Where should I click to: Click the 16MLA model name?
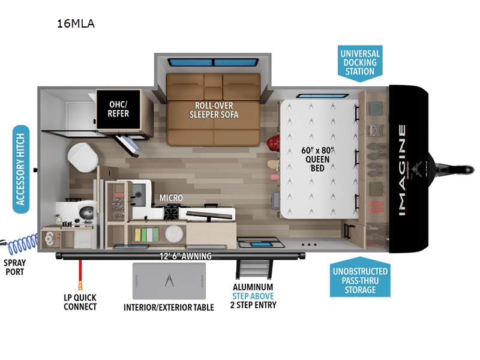click(x=76, y=25)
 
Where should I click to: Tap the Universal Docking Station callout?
click(x=359, y=62)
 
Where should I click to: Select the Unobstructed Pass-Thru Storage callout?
click(x=359, y=280)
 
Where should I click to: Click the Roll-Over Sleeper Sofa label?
click(x=214, y=110)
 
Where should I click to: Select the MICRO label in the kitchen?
click(x=171, y=197)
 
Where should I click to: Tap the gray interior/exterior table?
click(x=169, y=280)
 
